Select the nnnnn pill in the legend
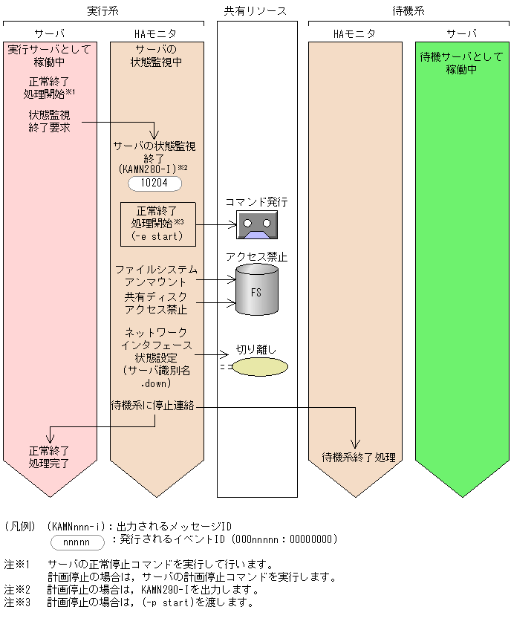pos(77,542)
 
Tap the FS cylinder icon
pos(256,291)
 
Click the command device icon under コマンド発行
pos(256,224)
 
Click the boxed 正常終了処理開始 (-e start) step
pos(157,224)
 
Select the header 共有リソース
pos(256,11)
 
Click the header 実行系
pos(102,11)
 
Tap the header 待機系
pos(409,11)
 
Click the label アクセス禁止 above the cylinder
pos(256,257)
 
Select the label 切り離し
pos(257,348)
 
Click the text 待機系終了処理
pos(359,457)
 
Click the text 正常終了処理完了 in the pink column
pos(49,457)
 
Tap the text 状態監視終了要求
pos(49,122)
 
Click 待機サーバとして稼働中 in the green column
pos(461,63)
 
